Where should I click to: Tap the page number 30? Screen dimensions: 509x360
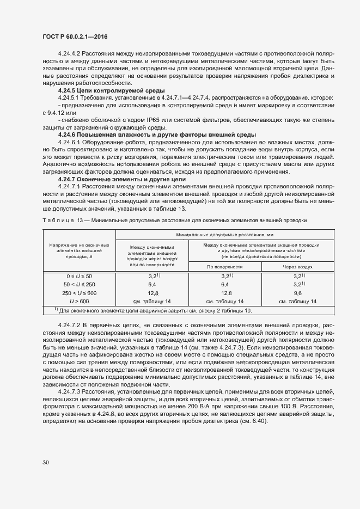click(46, 462)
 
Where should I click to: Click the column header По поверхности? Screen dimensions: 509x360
click(224, 267)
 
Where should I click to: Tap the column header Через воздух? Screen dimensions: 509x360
click(297, 267)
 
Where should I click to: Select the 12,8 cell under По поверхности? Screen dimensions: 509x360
click(224, 292)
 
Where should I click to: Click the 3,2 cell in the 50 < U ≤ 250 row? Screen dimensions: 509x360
click(297, 284)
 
